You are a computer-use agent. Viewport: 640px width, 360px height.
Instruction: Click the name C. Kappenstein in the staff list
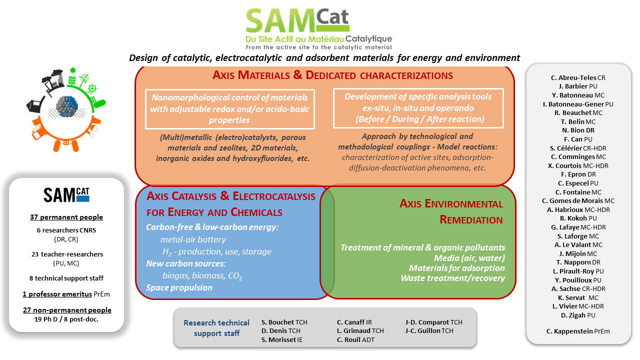pos(569,331)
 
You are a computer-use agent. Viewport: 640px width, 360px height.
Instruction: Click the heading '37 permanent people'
pos(66,217)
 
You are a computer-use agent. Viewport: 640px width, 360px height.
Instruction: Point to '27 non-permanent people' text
pos(67,310)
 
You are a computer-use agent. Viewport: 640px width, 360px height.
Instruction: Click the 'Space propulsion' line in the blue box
pos(179,287)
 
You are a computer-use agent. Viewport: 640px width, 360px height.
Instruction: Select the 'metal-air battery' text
pos(193,239)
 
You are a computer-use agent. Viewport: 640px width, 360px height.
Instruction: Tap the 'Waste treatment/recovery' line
pos(453,278)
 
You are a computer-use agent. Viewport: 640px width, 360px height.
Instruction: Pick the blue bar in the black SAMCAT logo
pos(83,198)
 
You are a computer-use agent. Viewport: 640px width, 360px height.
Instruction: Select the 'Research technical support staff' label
pos(216,328)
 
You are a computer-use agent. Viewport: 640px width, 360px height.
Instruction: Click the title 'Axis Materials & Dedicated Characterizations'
pos(332,75)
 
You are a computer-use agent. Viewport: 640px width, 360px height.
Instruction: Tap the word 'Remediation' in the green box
pos(471,219)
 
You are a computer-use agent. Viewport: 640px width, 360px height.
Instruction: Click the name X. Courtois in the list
pos(564,165)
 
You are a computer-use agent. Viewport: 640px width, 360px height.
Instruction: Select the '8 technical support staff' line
pos(66,278)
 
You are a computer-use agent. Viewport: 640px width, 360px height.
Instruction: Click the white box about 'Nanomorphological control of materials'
pos(229,109)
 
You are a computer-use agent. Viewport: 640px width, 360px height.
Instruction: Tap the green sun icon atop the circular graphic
pos(73,70)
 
